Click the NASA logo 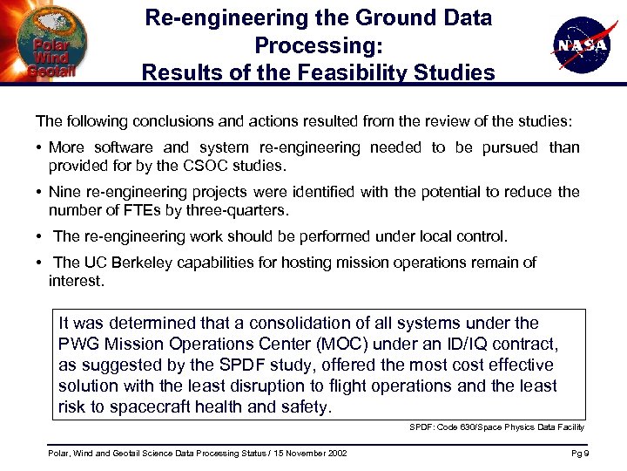point(579,44)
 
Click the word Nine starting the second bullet point(64,192)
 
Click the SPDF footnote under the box point(496,427)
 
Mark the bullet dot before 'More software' point(40,147)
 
